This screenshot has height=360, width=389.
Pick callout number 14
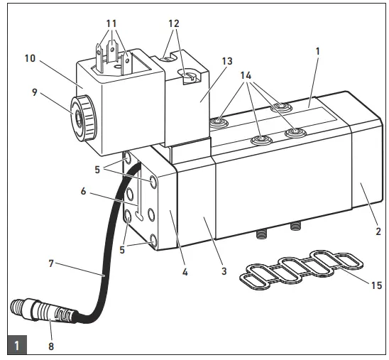coord(246,73)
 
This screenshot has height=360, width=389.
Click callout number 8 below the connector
coord(50,347)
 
